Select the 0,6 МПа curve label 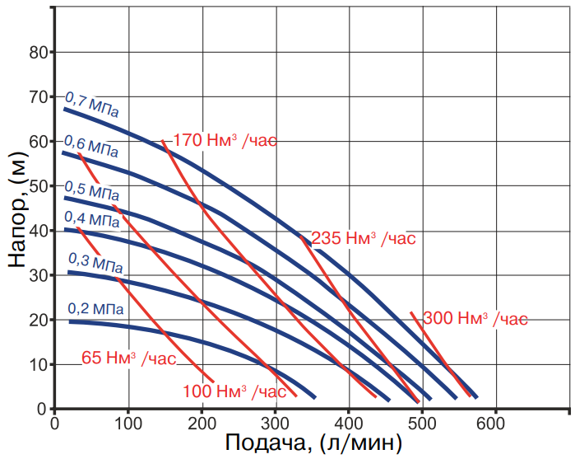(x=90, y=147)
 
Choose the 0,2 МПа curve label (x=96, y=309)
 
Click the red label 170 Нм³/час (x=225, y=140)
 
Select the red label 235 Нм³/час (x=364, y=238)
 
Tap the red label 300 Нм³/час (x=475, y=318)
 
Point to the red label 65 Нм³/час (x=128, y=358)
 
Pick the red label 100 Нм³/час (x=234, y=391)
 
